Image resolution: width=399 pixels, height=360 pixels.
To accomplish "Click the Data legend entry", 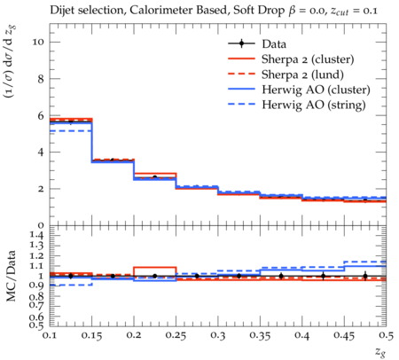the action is [x=274, y=44].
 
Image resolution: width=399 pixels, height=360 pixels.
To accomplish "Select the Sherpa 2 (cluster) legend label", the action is [x=308, y=59].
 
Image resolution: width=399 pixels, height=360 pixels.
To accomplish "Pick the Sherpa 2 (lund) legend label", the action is [x=302, y=74].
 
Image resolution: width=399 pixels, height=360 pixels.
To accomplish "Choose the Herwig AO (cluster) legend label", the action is [x=316, y=90].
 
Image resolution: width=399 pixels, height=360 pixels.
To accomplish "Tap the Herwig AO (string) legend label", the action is [x=314, y=105].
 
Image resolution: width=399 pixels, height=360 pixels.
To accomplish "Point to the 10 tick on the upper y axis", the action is [x=38, y=42].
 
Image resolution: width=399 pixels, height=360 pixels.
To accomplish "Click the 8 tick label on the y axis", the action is [x=41, y=79].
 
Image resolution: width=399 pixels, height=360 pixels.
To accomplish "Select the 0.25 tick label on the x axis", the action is [x=176, y=335].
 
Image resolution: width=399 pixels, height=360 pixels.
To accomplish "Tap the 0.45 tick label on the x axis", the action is [x=344, y=335].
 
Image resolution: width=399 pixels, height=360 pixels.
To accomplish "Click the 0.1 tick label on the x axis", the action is [x=50, y=335].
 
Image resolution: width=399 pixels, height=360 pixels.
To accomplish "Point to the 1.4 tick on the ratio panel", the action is [x=37, y=236].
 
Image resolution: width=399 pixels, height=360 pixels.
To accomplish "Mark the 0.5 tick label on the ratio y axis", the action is [x=37, y=325].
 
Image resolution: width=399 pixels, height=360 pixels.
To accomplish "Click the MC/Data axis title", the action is [x=12, y=276].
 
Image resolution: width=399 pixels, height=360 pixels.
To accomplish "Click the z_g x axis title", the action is [x=380, y=352].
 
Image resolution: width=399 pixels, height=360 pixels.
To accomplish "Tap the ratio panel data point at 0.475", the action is [x=365, y=276].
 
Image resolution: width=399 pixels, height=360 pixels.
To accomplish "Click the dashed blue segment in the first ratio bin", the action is [x=71, y=285].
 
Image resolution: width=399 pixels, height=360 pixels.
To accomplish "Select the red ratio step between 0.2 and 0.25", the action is [x=155, y=267].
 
